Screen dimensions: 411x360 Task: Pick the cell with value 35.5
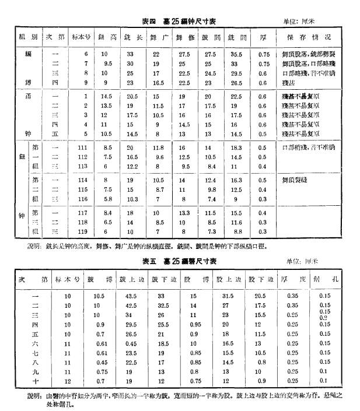(x=236, y=54)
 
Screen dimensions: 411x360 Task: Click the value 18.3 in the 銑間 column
(x=236, y=148)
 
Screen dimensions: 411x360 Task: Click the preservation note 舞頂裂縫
(x=295, y=181)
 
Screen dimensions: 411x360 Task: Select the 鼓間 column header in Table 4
(x=210, y=37)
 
